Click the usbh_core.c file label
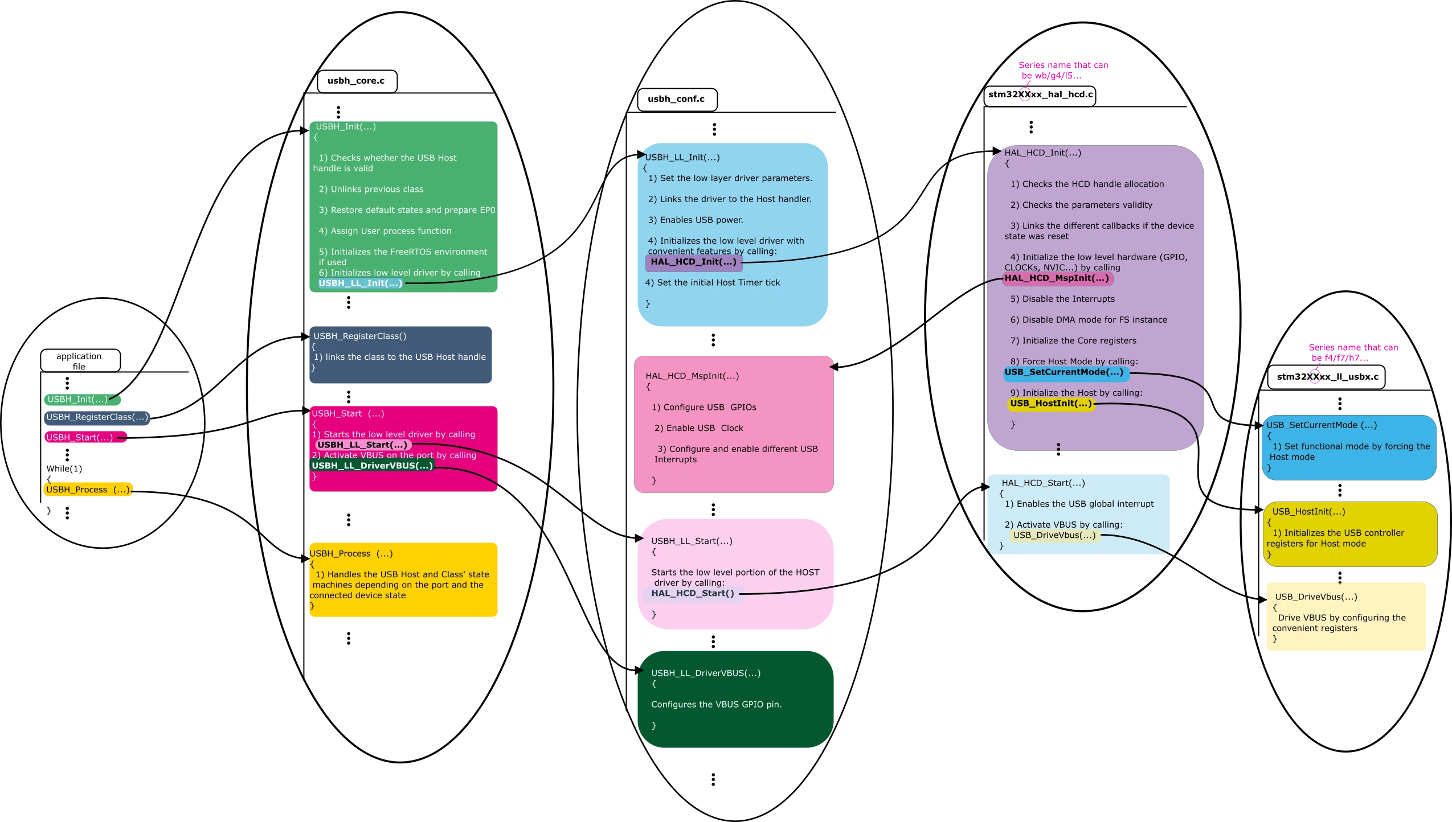point(357,81)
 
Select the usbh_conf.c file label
point(677,99)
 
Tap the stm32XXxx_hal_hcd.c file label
point(1040,94)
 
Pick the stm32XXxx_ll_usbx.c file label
point(1327,377)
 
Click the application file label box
point(80,361)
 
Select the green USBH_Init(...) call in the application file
point(82,400)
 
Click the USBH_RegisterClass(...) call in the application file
point(97,417)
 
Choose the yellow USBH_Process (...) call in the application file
point(88,490)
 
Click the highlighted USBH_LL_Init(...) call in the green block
point(360,283)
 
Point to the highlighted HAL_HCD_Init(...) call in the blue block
point(693,262)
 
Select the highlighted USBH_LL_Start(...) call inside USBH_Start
point(363,445)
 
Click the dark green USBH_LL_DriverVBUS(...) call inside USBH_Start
point(372,466)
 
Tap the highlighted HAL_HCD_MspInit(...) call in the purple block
point(1058,278)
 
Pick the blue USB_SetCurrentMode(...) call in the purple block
point(1065,373)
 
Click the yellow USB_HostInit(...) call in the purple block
point(1051,404)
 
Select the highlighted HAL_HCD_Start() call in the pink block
point(693,594)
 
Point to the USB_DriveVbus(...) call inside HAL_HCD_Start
point(1054,536)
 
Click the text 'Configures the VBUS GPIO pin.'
point(716,705)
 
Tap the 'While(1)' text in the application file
point(64,469)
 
